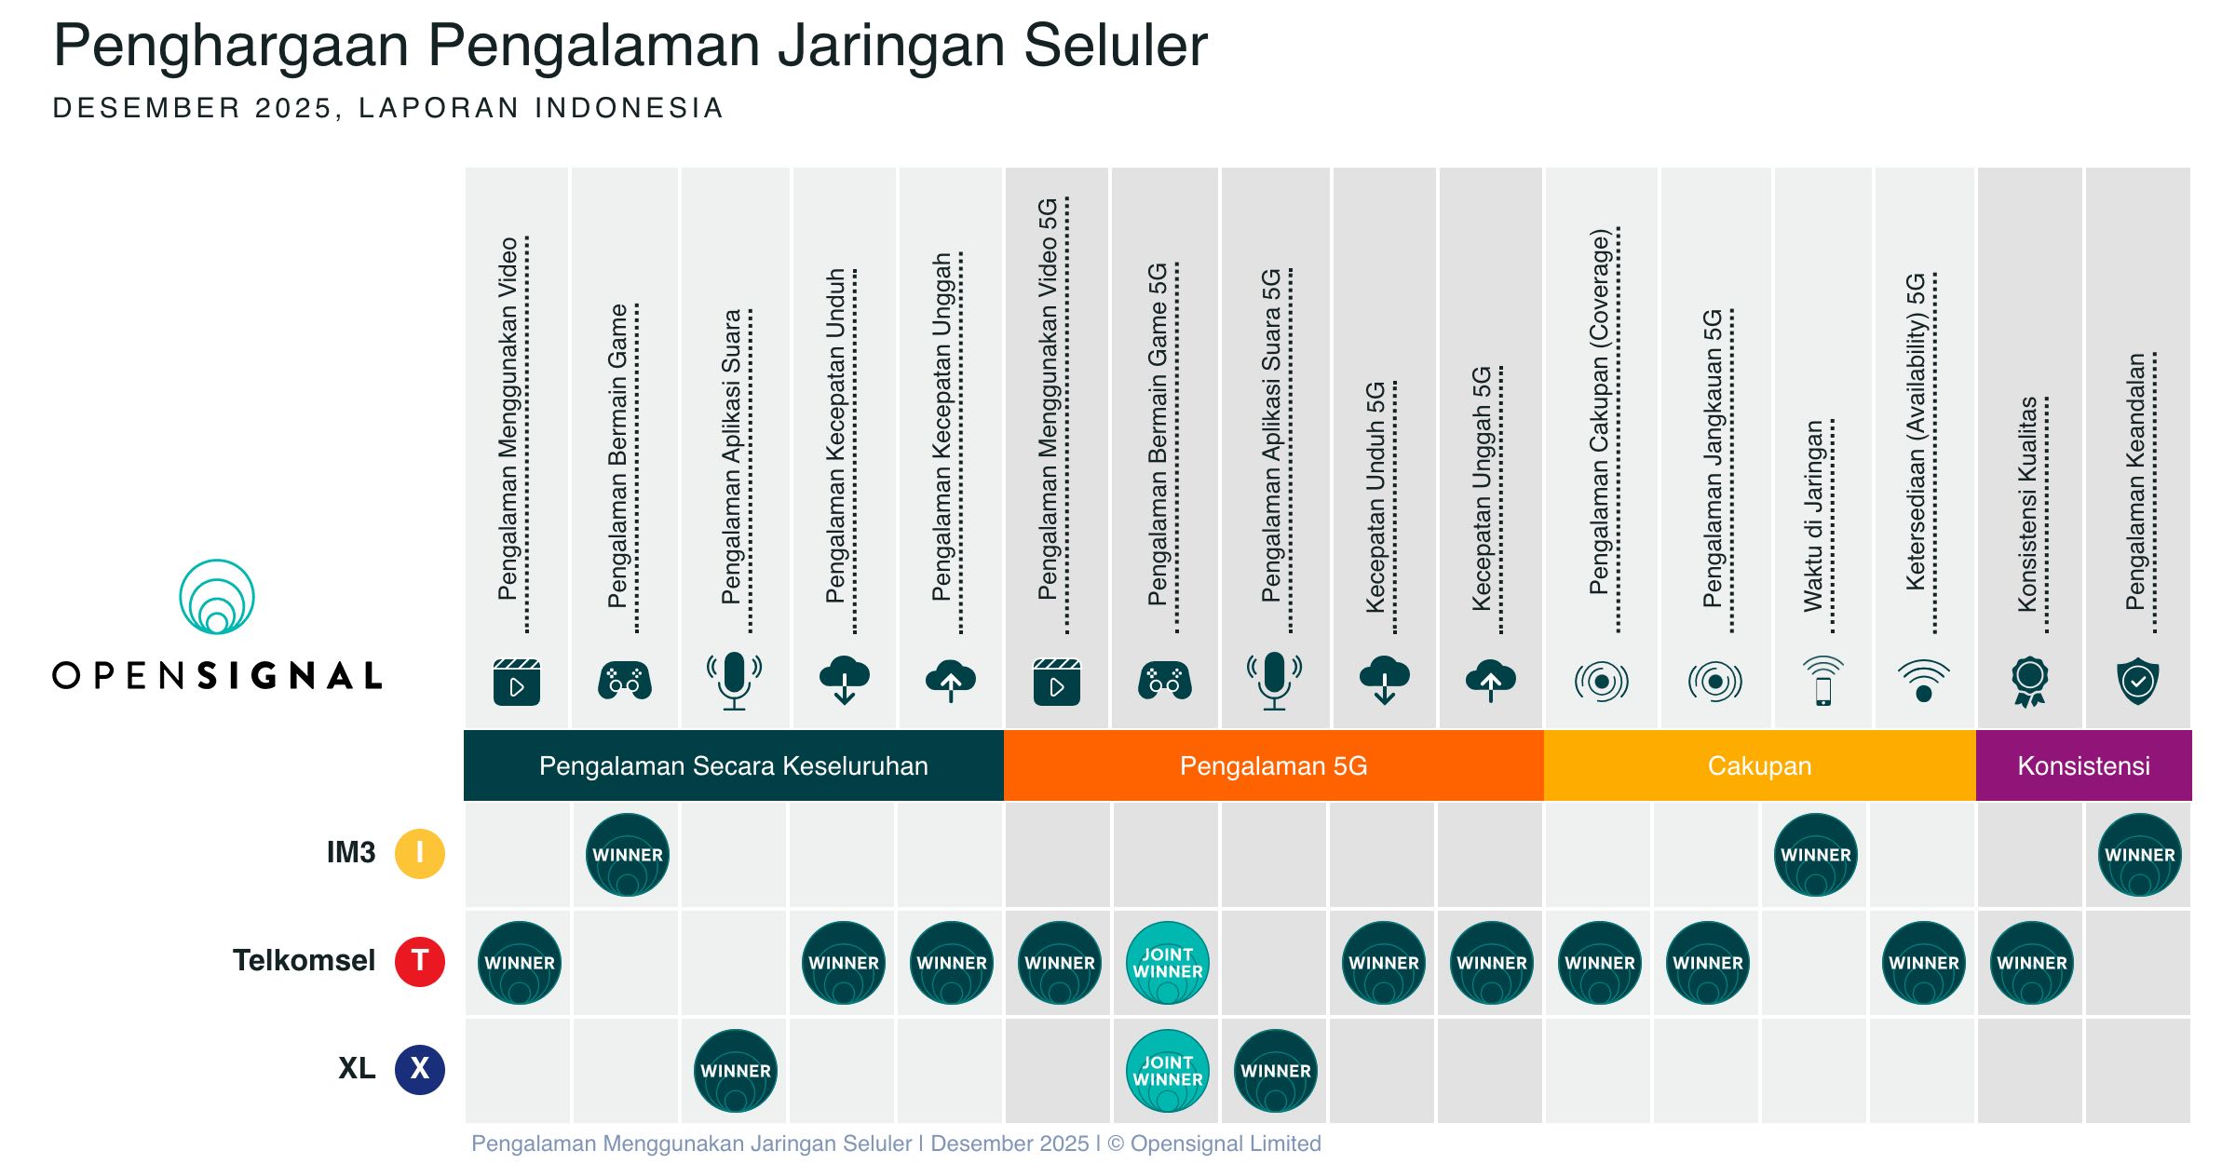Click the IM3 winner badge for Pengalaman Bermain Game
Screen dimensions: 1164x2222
(x=628, y=855)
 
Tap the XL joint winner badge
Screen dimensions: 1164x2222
(x=1167, y=1071)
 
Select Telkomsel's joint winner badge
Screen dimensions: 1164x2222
(x=1167, y=963)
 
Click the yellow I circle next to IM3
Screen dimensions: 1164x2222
(x=420, y=853)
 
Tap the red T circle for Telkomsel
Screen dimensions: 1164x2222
(x=420, y=961)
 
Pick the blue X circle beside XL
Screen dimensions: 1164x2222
(x=420, y=1069)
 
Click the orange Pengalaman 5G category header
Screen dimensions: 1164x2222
(x=1273, y=765)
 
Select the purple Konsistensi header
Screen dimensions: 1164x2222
(x=2083, y=765)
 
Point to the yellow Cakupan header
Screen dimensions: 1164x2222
(x=1759, y=765)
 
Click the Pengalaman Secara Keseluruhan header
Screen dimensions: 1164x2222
(x=733, y=765)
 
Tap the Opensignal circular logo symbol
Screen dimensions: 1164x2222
(x=217, y=597)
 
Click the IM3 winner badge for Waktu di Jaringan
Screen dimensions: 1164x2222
(x=1816, y=855)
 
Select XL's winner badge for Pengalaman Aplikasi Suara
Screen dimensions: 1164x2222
(x=736, y=1071)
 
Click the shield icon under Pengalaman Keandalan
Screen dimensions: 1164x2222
(x=2137, y=681)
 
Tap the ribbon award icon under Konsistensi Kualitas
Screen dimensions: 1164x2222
(x=2030, y=681)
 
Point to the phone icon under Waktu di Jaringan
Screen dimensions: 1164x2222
(x=1822, y=681)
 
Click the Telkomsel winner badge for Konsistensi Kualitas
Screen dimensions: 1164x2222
(x=2032, y=963)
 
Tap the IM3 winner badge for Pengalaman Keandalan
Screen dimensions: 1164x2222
(x=2140, y=855)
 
